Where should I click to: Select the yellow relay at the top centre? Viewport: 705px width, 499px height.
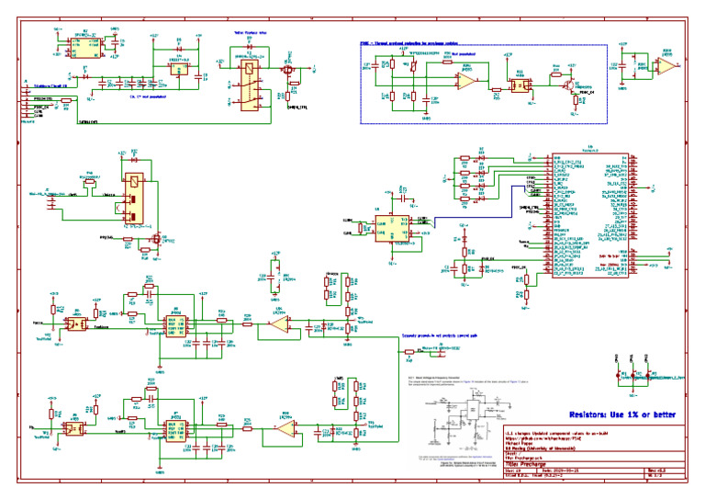[247, 84]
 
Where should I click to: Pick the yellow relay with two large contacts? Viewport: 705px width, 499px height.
[135, 197]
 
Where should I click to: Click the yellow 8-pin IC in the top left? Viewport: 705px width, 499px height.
[84, 50]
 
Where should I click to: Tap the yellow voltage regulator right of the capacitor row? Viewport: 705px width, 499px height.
[179, 67]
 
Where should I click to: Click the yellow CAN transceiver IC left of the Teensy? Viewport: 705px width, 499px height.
[391, 227]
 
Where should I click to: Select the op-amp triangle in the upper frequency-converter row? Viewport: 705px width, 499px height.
[278, 323]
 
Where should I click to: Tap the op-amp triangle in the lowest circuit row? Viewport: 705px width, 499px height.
[287, 429]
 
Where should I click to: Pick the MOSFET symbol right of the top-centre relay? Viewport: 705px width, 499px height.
[287, 69]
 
